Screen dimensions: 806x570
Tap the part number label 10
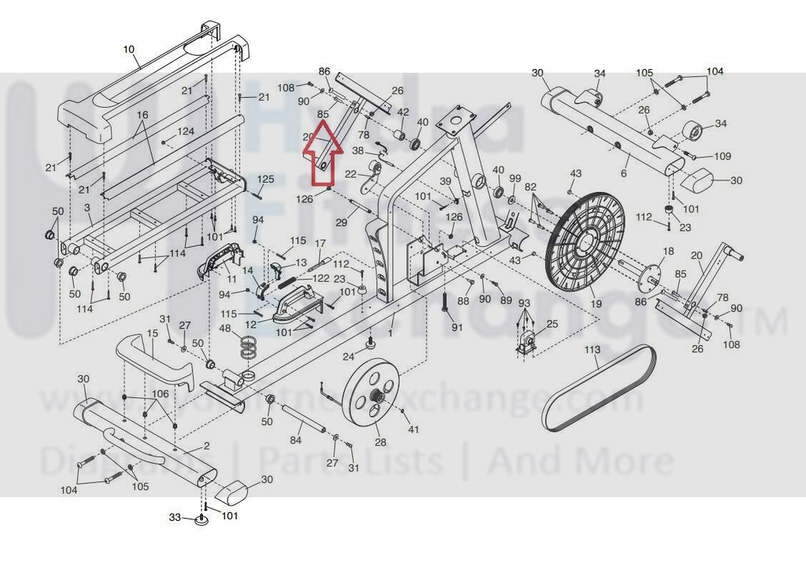pos(129,49)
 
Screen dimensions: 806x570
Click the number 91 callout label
pos(457,327)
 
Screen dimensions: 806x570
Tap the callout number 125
pos(265,179)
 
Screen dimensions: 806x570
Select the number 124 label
pos(185,132)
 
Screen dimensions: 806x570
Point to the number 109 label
pos(722,156)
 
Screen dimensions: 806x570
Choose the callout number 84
pos(295,441)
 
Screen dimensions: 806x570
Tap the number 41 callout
pos(413,429)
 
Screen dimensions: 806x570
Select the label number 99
pos(515,178)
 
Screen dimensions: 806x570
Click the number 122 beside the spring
pos(320,279)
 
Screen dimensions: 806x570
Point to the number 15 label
pos(152,334)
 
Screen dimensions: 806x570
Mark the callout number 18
pos(669,251)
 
